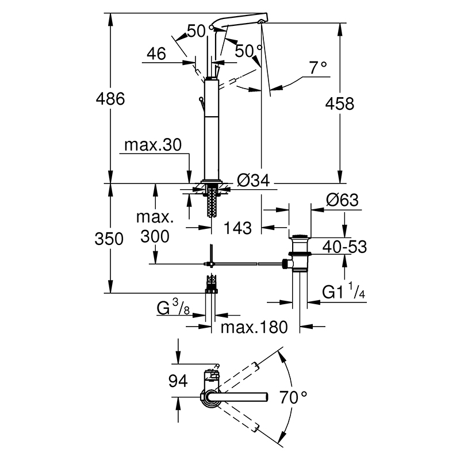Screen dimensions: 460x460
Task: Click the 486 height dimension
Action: click(x=110, y=98)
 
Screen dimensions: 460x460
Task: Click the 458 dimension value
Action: click(x=340, y=103)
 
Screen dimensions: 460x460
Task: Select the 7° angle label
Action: click(x=318, y=68)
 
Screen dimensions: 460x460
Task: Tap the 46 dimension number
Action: click(x=156, y=53)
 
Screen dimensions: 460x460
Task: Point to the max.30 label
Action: click(x=153, y=145)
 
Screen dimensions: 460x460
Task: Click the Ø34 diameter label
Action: click(x=253, y=180)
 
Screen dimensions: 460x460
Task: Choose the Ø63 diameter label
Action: click(x=342, y=200)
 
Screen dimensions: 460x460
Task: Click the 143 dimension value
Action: click(x=237, y=228)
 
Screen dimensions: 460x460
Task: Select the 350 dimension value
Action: click(x=109, y=239)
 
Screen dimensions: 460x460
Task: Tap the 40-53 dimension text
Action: click(x=344, y=247)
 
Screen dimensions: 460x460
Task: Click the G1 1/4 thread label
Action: click(x=343, y=291)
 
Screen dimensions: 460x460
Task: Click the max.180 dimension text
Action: click(x=254, y=327)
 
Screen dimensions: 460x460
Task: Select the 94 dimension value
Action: click(x=178, y=381)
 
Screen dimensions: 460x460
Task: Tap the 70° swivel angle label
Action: click(x=293, y=397)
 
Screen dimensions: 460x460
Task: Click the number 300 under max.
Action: click(x=155, y=236)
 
